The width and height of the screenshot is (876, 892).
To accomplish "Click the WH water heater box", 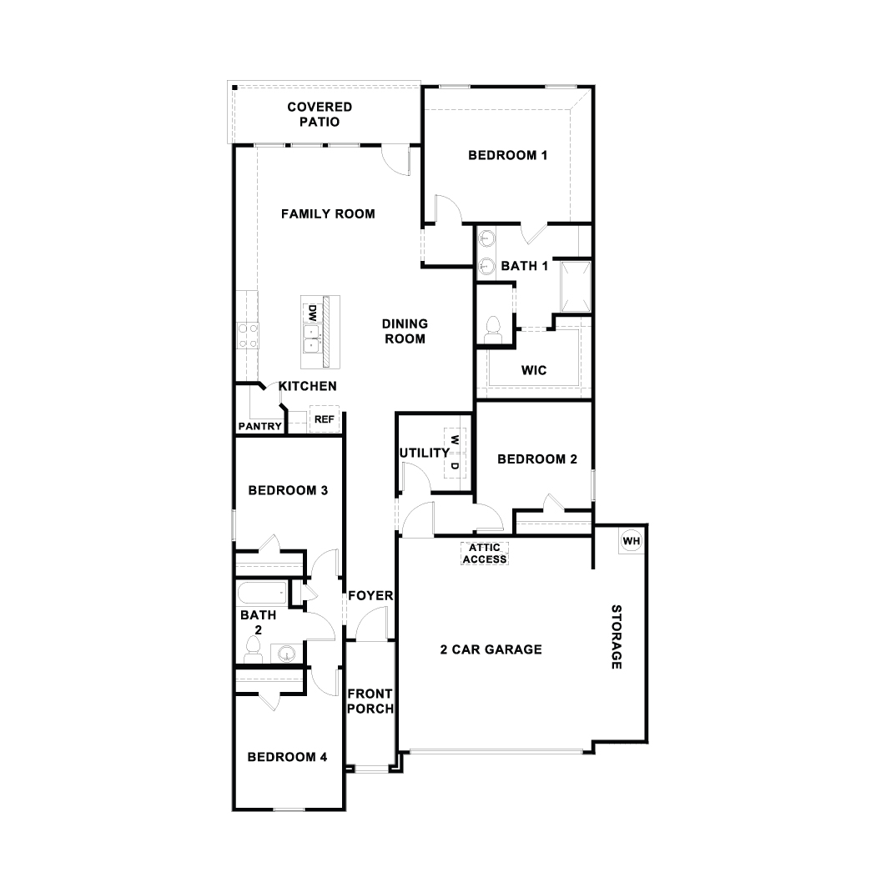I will pyautogui.click(x=631, y=541).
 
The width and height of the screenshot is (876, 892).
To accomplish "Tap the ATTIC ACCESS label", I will pyautogui.click(x=485, y=554).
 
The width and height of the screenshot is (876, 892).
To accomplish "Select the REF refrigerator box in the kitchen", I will pyautogui.click(x=324, y=420).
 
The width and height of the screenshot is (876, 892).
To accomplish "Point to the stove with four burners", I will pyautogui.click(x=247, y=335).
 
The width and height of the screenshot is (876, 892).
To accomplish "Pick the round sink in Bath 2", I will pyautogui.click(x=286, y=653).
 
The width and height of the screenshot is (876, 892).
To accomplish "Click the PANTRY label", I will pyautogui.click(x=260, y=426).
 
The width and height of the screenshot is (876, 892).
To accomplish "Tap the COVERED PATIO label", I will pyautogui.click(x=320, y=114).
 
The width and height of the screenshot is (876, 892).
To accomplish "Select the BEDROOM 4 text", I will pyautogui.click(x=287, y=757).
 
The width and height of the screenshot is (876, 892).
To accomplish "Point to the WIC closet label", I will pyautogui.click(x=534, y=370).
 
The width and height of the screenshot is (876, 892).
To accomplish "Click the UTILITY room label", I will pyautogui.click(x=425, y=453).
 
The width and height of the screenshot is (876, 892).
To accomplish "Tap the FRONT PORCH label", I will pyautogui.click(x=370, y=700).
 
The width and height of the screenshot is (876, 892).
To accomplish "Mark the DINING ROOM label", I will pyautogui.click(x=405, y=331).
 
